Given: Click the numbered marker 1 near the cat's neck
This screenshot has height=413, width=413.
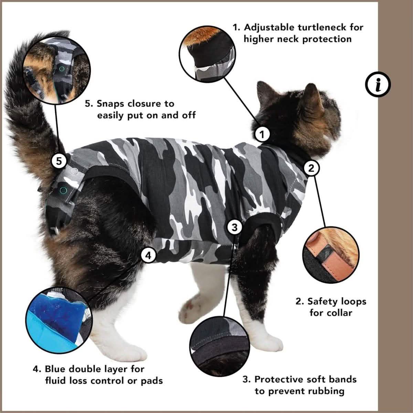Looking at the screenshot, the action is click(x=262, y=134).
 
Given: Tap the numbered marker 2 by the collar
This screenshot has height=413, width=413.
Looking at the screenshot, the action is click(x=311, y=168).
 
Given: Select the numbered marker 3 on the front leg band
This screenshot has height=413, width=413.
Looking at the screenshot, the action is click(x=235, y=227).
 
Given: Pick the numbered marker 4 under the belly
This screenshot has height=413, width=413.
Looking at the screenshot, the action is click(x=149, y=255).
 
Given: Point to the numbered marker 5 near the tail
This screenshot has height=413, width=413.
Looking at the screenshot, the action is click(x=59, y=161).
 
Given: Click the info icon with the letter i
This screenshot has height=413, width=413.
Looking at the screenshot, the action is click(x=378, y=84).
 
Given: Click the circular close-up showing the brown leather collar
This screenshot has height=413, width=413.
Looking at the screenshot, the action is click(x=331, y=255).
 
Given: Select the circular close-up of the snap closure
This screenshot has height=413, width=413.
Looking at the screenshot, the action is click(x=57, y=70).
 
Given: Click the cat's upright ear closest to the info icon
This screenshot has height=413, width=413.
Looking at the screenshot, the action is click(x=313, y=96).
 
